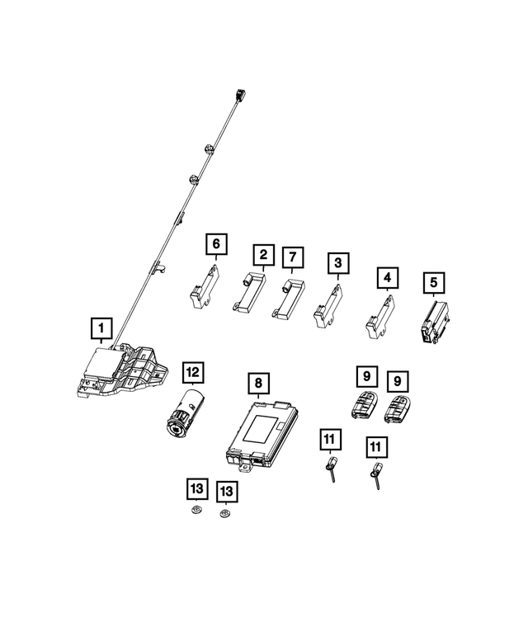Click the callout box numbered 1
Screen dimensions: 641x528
101,330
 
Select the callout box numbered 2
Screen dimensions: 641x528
262,256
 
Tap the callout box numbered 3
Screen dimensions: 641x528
337,264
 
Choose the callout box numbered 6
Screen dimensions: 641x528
216,243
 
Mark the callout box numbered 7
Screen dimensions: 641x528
291,258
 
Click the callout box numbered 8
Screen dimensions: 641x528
258,384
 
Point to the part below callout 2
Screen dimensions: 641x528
252,293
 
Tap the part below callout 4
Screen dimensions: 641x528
380,317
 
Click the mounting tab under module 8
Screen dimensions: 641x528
246,467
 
